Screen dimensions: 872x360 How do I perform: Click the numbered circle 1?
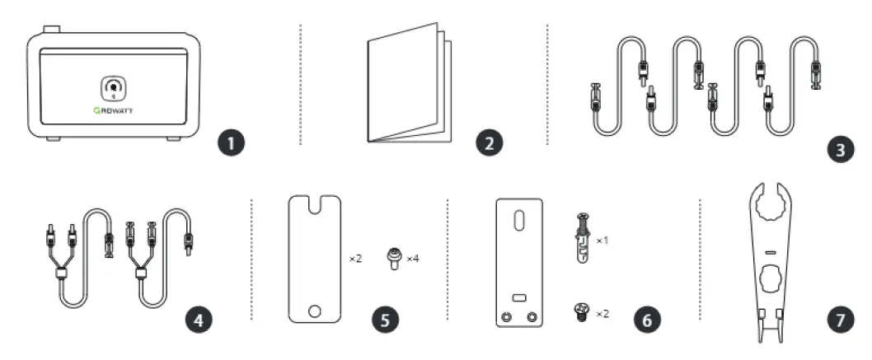point(231,143)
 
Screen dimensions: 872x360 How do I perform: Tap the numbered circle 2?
point(490,143)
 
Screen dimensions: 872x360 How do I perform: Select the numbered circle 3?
point(840,149)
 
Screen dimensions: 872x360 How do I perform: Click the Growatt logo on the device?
point(114,110)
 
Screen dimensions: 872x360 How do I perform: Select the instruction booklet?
point(410,82)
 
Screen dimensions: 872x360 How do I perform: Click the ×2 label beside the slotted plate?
point(355,259)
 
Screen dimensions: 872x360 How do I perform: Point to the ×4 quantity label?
point(412,259)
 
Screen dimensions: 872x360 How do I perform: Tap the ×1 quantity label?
point(602,241)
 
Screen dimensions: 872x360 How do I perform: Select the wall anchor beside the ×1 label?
point(582,238)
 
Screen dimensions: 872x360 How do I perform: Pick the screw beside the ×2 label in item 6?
point(582,312)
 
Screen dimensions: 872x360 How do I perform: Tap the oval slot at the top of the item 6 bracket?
point(518,218)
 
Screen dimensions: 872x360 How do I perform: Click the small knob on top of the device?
point(51,29)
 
